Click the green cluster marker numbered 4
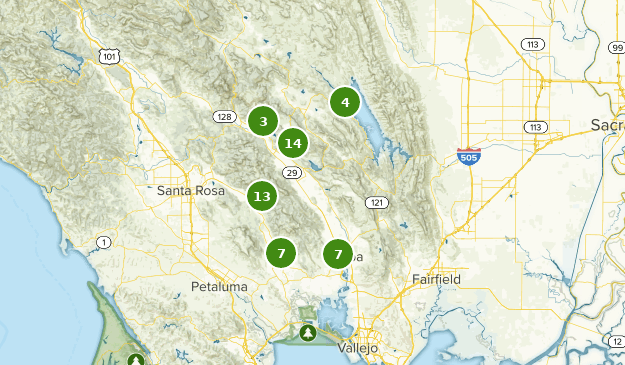[x=345, y=102]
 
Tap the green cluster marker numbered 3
[x=263, y=121]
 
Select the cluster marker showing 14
[x=292, y=143]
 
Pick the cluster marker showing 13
[x=262, y=196]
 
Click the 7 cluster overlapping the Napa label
[x=338, y=254]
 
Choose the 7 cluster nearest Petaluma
[x=282, y=253]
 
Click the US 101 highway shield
[x=108, y=57]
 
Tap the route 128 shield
[x=225, y=117]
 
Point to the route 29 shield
[x=292, y=173]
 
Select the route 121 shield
[x=376, y=202]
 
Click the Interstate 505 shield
[x=467, y=155]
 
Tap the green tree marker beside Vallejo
[x=308, y=331]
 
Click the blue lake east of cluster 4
[x=369, y=125]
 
